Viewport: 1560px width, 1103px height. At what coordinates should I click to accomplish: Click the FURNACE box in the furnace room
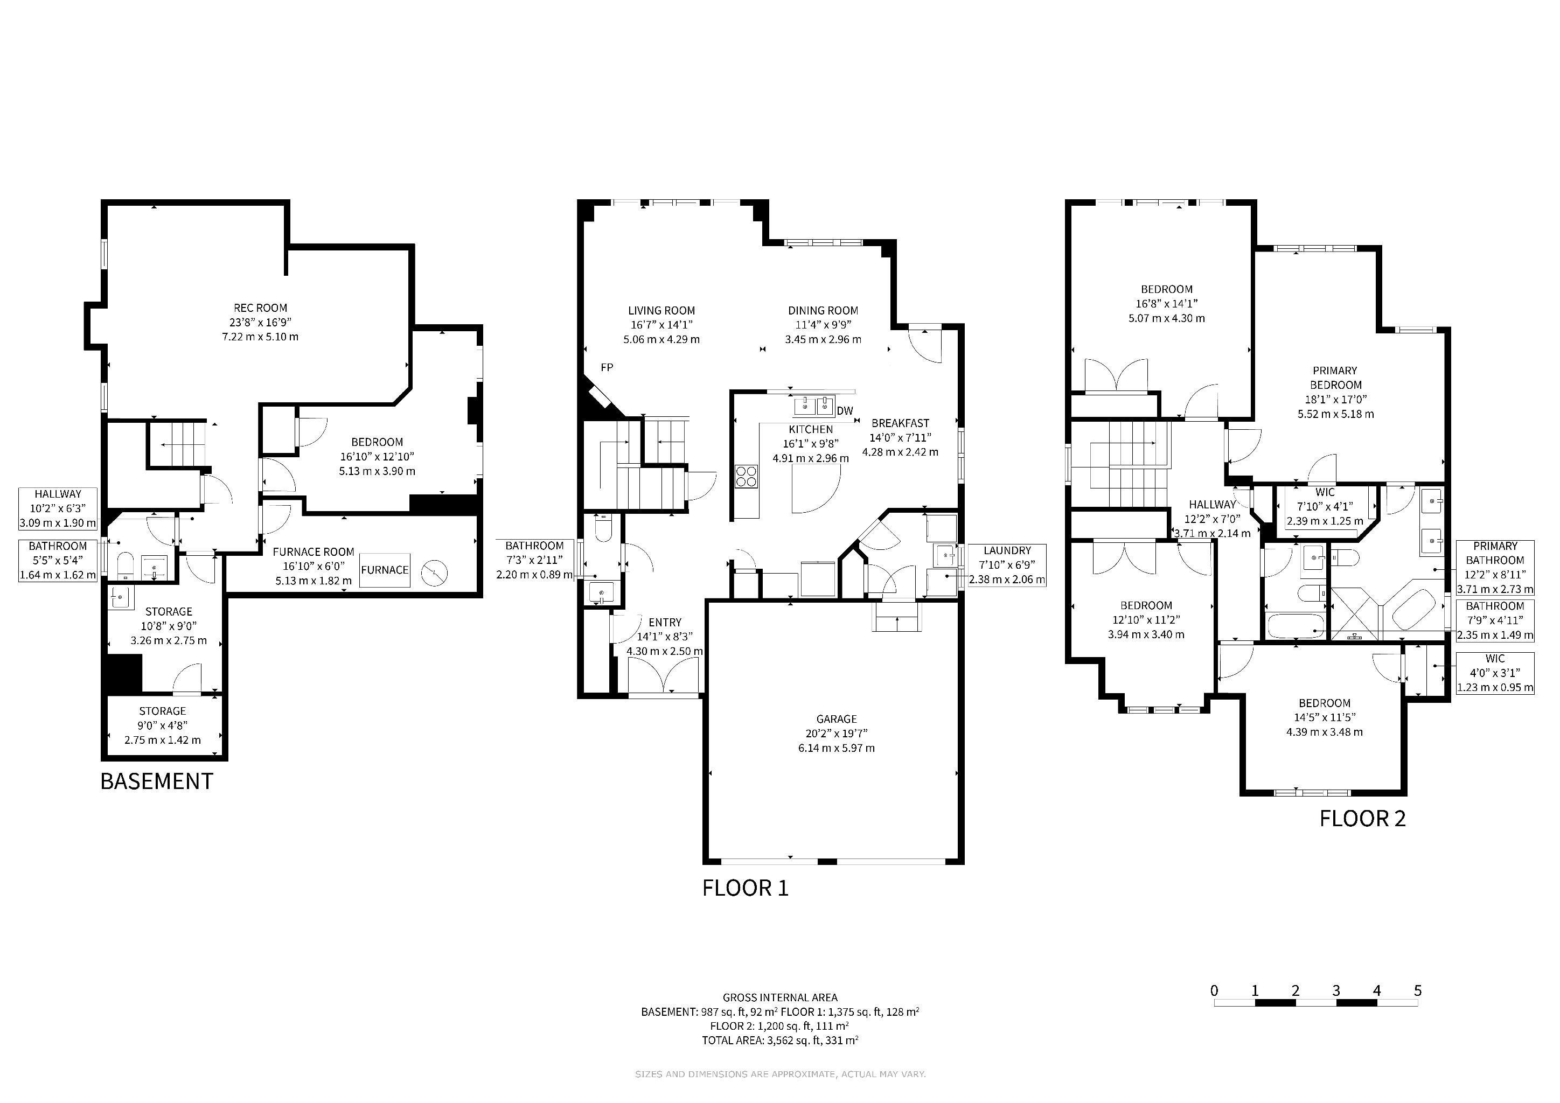(x=385, y=570)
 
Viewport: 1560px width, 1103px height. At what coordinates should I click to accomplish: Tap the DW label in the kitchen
(x=845, y=411)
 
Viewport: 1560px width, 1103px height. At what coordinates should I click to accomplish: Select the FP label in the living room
(x=607, y=367)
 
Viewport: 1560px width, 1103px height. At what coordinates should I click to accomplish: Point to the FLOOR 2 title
(x=1362, y=819)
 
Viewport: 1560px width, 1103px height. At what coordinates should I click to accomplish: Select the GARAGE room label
(x=837, y=718)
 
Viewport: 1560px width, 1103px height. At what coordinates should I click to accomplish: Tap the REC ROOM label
(x=260, y=308)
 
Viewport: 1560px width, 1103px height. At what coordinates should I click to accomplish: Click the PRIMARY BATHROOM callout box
(x=1495, y=568)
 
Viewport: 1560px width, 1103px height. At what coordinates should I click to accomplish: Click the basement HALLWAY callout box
(x=58, y=509)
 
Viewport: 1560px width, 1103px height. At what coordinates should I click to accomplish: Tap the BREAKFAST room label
(x=900, y=423)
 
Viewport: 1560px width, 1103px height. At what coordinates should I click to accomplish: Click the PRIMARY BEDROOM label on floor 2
(x=1335, y=378)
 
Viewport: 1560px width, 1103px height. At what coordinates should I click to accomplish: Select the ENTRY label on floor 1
(x=665, y=622)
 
